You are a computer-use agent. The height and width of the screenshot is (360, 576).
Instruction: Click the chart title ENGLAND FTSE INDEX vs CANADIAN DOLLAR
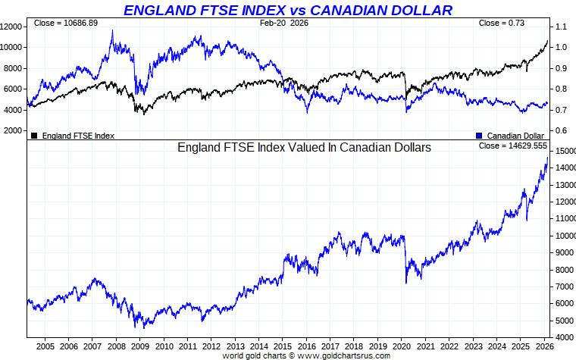tap(288, 10)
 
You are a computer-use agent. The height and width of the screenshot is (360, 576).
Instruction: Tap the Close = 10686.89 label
tap(66, 23)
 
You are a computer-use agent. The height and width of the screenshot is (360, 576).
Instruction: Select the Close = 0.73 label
tap(501, 23)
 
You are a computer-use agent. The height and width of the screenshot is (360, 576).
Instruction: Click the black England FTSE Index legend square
tap(34, 136)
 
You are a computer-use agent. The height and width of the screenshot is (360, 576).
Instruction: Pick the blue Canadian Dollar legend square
tap(478, 136)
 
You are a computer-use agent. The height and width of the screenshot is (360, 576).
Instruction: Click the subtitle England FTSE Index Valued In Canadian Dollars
tap(304, 148)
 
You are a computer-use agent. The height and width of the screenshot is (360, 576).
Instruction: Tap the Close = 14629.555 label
tap(513, 145)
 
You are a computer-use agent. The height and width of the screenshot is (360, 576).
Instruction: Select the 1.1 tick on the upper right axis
tap(562, 27)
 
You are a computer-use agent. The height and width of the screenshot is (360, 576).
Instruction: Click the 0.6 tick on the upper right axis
tap(562, 130)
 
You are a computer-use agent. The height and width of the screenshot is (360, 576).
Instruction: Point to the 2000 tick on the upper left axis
tap(13, 130)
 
